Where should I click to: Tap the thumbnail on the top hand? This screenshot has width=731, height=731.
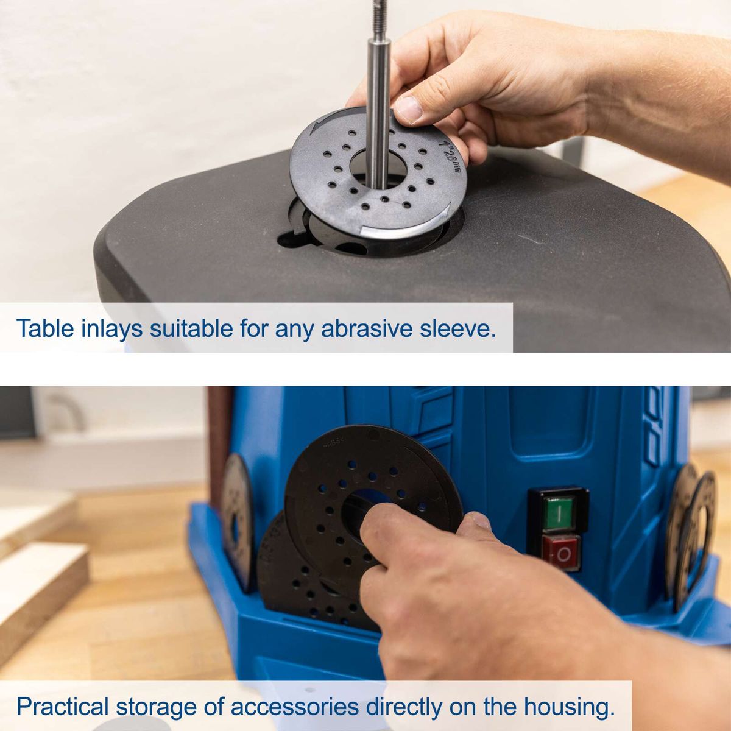[408, 109]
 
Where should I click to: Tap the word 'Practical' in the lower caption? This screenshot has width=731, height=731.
[62, 707]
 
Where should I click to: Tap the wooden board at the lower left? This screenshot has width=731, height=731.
[37, 585]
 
